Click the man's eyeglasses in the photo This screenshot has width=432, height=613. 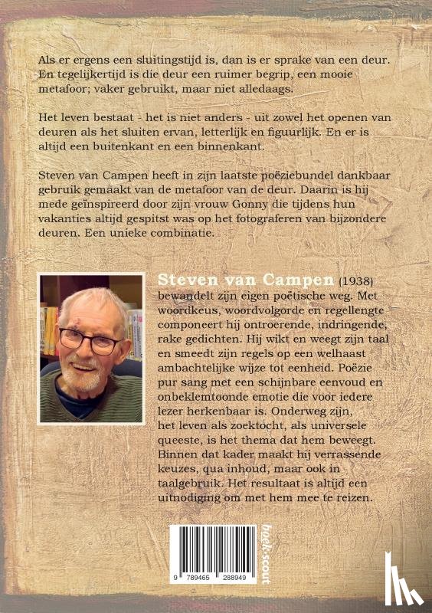tap(90, 340)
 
